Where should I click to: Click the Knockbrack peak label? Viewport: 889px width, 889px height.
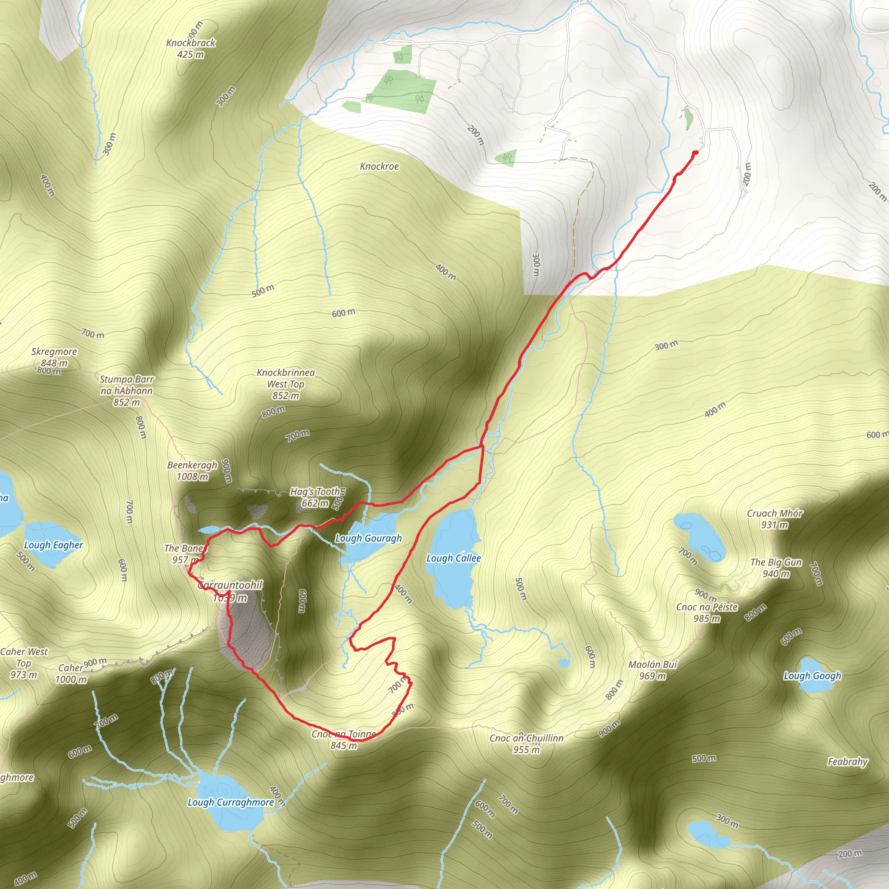pyautogui.click(x=191, y=48)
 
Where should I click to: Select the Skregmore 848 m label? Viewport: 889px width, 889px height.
pyautogui.click(x=54, y=357)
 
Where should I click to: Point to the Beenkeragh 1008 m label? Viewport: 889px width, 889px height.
pyautogui.click(x=192, y=470)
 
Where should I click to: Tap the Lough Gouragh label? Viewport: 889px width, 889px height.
pyautogui.click(x=368, y=538)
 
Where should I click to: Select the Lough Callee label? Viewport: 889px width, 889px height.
pyautogui.click(x=453, y=558)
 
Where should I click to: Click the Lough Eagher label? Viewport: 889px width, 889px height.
pyautogui.click(x=53, y=545)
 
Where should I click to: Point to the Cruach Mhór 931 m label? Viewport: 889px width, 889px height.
pyautogui.click(x=774, y=519)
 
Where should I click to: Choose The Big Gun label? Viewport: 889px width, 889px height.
pyautogui.click(x=776, y=567)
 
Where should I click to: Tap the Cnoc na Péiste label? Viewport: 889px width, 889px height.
pyautogui.click(x=707, y=612)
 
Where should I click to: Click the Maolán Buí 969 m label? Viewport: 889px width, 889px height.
pyautogui.click(x=653, y=670)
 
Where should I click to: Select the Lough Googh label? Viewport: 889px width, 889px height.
pyautogui.click(x=812, y=675)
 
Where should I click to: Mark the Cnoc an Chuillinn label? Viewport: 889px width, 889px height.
pyautogui.click(x=527, y=743)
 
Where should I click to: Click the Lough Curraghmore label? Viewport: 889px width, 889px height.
pyautogui.click(x=230, y=802)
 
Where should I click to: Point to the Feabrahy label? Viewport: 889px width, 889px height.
pyautogui.click(x=848, y=761)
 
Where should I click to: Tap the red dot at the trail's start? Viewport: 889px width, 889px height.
pyautogui.click(x=695, y=153)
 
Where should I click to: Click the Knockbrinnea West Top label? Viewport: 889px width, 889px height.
pyautogui.click(x=286, y=384)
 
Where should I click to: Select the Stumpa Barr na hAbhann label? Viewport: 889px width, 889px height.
pyautogui.click(x=127, y=391)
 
